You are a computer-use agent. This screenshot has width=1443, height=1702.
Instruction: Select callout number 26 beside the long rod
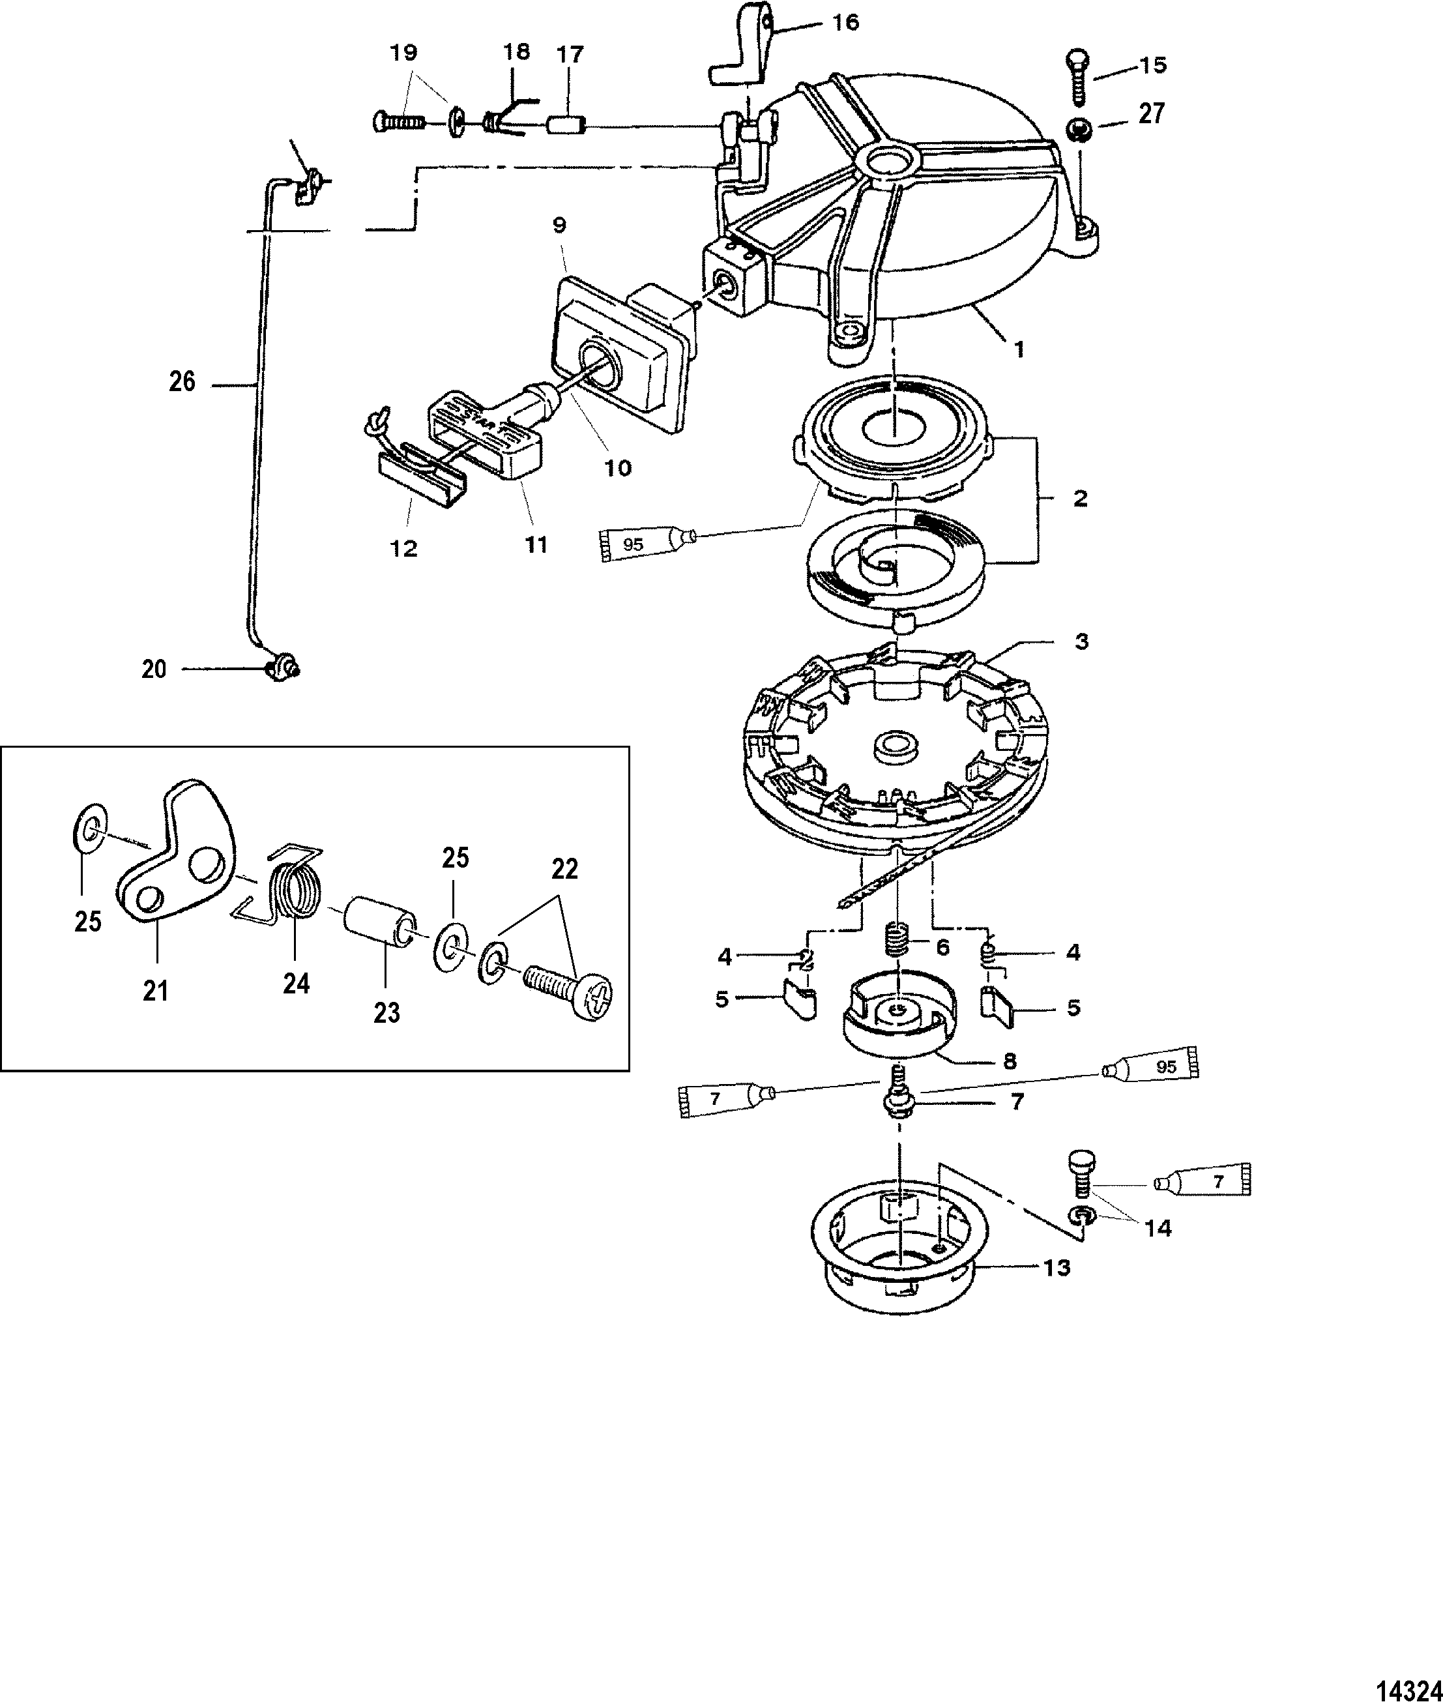[x=182, y=381]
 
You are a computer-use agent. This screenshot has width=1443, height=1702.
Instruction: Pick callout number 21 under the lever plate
[x=155, y=991]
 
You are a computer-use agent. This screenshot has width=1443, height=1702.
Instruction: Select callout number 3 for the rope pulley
[x=1081, y=641]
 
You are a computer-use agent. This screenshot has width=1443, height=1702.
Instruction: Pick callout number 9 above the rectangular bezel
[x=559, y=224]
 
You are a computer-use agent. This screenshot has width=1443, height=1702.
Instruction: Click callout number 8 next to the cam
[x=1010, y=1061]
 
